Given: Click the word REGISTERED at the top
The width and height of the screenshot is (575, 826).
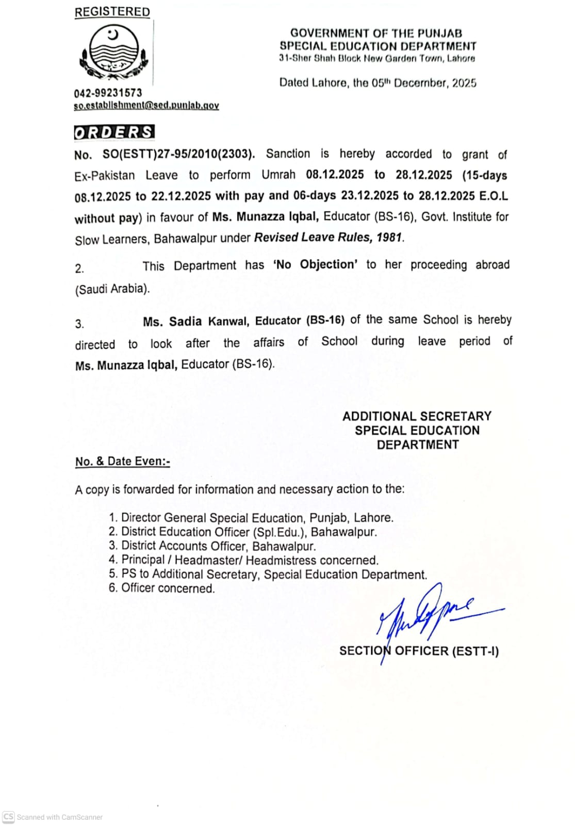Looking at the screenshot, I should point(112,12).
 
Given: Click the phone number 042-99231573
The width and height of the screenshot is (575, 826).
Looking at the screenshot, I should point(108,93).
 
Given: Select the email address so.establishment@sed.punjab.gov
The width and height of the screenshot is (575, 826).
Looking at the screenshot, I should point(146,105).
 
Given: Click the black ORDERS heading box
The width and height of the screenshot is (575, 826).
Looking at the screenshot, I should point(114,132).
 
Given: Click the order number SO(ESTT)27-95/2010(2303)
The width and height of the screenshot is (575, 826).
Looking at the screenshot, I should point(178,154).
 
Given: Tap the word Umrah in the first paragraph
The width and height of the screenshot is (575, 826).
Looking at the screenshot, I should point(278,175).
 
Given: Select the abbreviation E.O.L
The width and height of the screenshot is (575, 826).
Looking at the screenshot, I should point(494,196).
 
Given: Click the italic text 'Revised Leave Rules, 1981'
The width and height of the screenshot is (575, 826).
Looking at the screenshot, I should point(328,237).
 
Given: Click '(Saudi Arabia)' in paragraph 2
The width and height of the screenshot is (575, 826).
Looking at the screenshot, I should point(112,289).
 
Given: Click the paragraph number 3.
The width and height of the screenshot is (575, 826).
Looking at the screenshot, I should point(79,324).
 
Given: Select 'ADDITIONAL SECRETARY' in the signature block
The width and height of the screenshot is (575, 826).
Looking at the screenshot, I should point(417,416).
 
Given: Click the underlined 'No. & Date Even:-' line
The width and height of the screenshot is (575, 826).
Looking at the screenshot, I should point(123,462).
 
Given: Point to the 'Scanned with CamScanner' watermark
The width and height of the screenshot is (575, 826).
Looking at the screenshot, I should point(53,817).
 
